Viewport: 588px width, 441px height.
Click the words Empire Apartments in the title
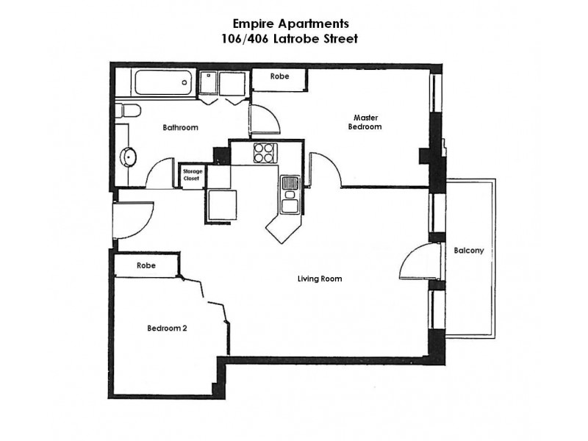pos(295,23)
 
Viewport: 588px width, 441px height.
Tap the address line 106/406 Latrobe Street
pos(295,39)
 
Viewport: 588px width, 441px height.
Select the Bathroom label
pos(180,127)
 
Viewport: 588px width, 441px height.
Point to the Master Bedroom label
pos(365,122)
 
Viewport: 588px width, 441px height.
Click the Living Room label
pos(320,279)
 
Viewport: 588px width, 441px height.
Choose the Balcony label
pos(468,250)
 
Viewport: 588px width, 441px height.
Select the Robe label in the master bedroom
pos(279,76)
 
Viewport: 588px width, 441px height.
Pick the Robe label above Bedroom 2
pos(146,265)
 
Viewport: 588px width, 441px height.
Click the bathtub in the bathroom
pos(164,82)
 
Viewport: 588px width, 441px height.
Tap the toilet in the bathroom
pos(128,112)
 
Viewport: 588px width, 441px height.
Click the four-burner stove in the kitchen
pos(265,152)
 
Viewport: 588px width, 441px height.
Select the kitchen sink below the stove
pos(289,194)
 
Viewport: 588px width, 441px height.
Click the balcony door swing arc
pos(415,262)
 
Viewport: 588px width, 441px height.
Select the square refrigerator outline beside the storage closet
pos(221,204)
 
